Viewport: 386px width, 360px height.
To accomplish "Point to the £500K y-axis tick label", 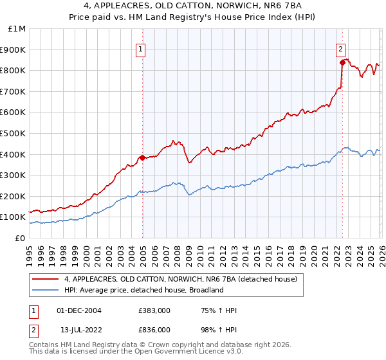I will [x=14, y=133].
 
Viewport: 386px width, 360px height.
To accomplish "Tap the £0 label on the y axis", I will [x=21, y=238].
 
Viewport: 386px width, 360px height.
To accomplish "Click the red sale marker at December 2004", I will [x=142, y=157].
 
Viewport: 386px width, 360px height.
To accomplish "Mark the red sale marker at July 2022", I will [x=342, y=62].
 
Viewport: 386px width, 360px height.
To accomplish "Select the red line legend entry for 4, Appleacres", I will [x=180, y=280].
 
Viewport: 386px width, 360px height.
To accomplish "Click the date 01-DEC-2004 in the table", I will [x=79, y=310].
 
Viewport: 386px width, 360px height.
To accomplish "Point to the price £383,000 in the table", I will [x=154, y=310].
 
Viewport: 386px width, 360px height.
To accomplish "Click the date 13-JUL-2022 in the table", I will [x=78, y=329].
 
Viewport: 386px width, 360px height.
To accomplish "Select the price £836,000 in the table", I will [x=154, y=329].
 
